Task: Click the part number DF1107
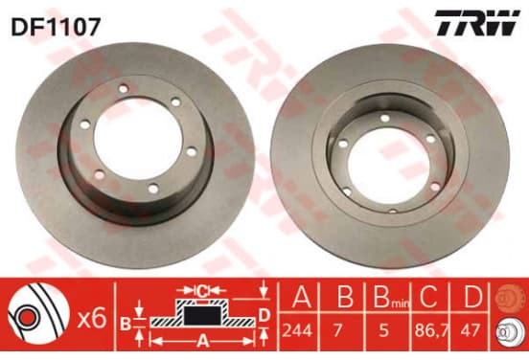coord(56,27)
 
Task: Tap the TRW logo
coord(476,23)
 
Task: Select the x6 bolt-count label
coord(92,319)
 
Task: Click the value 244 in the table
coord(297,330)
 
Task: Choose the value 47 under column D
coord(470,330)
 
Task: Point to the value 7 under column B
coord(337,330)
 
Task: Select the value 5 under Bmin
coord(384,330)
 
